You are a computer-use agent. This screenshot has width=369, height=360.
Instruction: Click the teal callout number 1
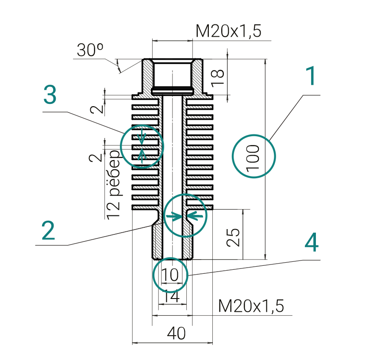click(x=311, y=77)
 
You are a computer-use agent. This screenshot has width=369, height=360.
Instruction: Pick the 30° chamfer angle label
click(x=90, y=50)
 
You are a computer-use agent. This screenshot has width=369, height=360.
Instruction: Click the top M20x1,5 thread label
click(x=229, y=31)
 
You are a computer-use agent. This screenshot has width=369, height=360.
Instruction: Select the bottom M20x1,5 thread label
click(x=251, y=306)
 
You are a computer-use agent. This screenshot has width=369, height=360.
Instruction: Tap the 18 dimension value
click(x=218, y=77)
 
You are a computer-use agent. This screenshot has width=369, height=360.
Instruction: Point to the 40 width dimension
click(x=176, y=334)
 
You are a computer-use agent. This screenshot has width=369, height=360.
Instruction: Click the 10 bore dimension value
click(x=170, y=275)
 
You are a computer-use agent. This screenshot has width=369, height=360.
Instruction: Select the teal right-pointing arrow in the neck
click(x=174, y=217)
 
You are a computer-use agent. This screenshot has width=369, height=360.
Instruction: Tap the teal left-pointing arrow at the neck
click(x=196, y=216)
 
